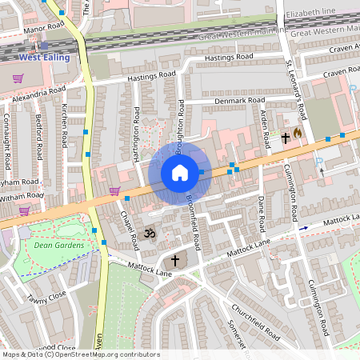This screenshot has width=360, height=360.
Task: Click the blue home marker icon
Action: click(x=180, y=173)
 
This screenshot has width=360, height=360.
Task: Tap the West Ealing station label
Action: click(x=45, y=58)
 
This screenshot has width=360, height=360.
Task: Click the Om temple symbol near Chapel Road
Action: click(x=146, y=234)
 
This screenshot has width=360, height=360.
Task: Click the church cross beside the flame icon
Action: click(x=285, y=138)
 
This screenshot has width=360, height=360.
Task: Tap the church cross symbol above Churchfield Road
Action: click(x=175, y=261)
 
